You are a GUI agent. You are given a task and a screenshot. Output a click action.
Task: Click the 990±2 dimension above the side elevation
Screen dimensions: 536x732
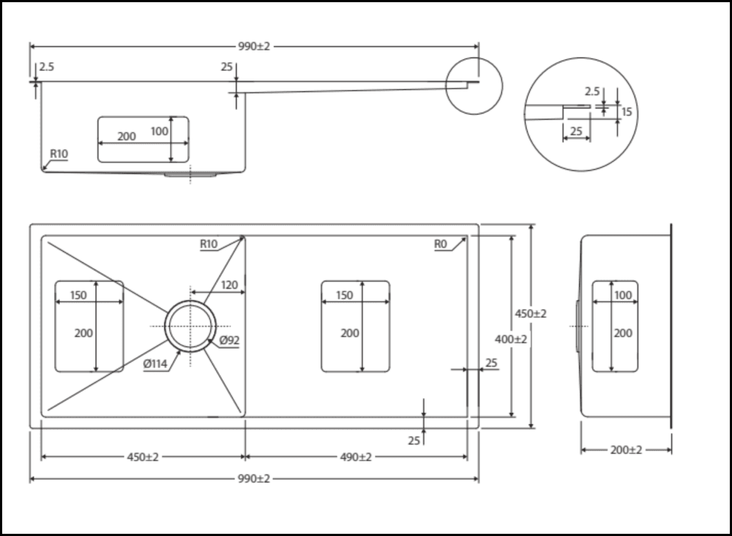[x=254, y=46]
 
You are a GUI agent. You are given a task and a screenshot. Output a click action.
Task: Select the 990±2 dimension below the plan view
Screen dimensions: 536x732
[x=254, y=479]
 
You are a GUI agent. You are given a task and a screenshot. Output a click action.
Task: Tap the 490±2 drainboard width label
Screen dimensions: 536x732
[x=355, y=457]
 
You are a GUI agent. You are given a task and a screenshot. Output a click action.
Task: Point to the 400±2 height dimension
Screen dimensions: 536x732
[x=511, y=340]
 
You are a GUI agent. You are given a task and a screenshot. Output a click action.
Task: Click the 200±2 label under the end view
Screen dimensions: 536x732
[x=626, y=450]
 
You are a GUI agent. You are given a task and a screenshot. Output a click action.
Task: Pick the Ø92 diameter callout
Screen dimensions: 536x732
[x=228, y=340]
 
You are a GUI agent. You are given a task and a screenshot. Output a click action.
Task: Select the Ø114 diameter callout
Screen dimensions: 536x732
[x=157, y=364]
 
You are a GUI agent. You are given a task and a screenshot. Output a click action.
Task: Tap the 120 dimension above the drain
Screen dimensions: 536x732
[x=229, y=285]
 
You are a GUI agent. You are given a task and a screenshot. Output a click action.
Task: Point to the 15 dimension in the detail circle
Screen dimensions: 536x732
[x=627, y=112]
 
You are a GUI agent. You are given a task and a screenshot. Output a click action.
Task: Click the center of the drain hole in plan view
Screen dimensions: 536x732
[x=190, y=326]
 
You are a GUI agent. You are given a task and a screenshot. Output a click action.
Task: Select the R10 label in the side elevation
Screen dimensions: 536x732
[x=59, y=154]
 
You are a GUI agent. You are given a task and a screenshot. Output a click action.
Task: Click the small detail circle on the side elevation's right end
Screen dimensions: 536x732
[x=474, y=86]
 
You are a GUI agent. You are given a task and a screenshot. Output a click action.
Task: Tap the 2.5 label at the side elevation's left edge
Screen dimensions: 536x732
[x=46, y=67]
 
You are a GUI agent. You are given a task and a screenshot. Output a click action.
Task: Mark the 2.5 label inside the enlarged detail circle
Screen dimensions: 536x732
[x=592, y=92]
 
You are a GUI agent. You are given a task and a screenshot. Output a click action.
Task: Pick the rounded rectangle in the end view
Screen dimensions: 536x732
[x=614, y=326]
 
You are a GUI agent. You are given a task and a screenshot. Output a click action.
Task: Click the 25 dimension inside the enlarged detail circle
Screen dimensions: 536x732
[x=575, y=130]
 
